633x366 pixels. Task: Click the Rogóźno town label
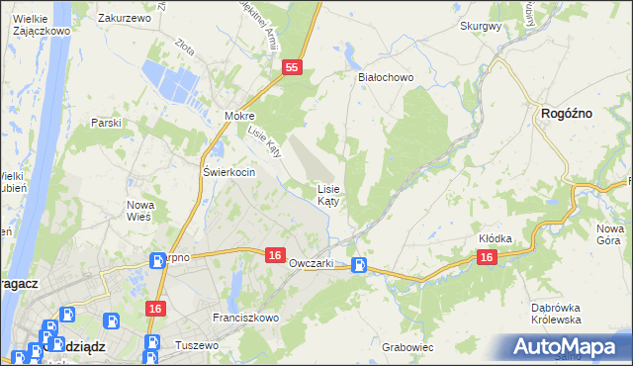pyautogui.click(x=567, y=115)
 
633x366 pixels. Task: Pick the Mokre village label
pyautogui.click(x=239, y=116)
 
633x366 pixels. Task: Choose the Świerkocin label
pyautogui.click(x=229, y=172)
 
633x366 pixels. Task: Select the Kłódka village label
pyautogui.click(x=495, y=238)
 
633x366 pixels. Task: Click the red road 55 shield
pyautogui.click(x=291, y=67)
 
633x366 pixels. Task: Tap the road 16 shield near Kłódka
pyautogui.click(x=486, y=256)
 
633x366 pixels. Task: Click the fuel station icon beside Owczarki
pyautogui.click(x=361, y=264)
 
